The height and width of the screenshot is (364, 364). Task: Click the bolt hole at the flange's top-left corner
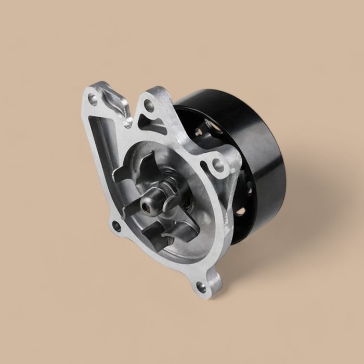tap(93, 97)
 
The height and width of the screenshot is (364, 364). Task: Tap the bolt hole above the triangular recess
tap(149, 106)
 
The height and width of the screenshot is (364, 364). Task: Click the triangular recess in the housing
tap(154, 126)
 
